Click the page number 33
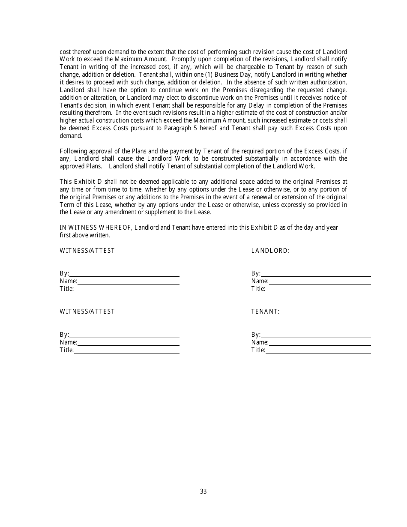click(203, 491)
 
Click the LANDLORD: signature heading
click(270, 251)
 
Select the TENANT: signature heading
click(265, 311)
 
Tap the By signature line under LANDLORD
click(315, 274)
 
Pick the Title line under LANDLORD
click(317, 289)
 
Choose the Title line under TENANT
click(317, 350)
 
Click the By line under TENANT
click(315, 335)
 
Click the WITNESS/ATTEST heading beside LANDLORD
click(87, 251)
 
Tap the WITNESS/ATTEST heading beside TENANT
click(87, 311)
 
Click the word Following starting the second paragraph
click(73, 151)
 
